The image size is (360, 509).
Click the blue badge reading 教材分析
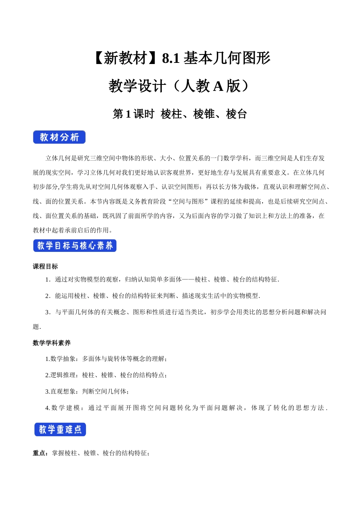pyautogui.click(x=59, y=137)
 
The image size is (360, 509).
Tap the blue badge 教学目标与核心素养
pyautogui.click(x=75, y=246)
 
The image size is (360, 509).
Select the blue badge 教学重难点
pyautogui.click(x=60, y=429)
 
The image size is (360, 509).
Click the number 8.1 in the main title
pyautogui.click(x=171, y=58)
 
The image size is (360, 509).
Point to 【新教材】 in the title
pyautogui.click(x=125, y=58)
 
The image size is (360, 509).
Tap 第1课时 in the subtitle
pyautogui.click(x=133, y=114)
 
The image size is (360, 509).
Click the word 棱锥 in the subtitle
pyautogui.click(x=204, y=114)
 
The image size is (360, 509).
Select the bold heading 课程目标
pyautogui.click(x=45, y=267)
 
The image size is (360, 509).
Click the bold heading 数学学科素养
pyautogui.click(x=52, y=343)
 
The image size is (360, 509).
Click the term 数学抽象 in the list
pyautogui.click(x=63, y=359)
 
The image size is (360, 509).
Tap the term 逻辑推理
pyautogui.click(x=63, y=375)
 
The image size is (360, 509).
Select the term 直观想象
pyautogui.click(x=63, y=391)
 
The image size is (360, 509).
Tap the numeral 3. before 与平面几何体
pyautogui.click(x=48, y=312)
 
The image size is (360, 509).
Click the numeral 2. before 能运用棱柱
pyautogui.click(x=48, y=296)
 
